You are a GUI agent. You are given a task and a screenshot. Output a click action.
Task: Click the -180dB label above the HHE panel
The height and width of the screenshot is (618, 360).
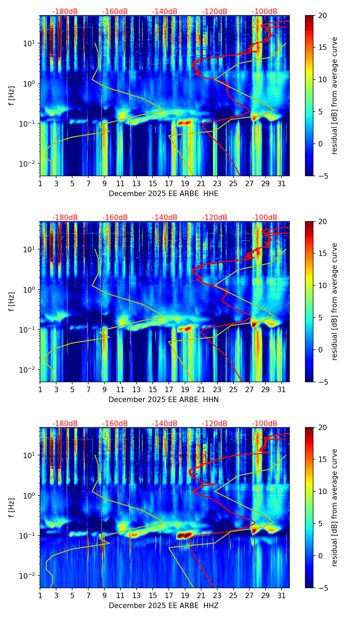[65, 12]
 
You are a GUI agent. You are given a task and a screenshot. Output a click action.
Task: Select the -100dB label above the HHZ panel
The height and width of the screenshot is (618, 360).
[265, 424]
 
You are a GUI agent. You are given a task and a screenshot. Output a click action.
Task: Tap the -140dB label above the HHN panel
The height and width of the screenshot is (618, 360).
[165, 218]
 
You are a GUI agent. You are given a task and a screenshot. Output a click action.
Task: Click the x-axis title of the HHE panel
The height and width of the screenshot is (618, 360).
[164, 194]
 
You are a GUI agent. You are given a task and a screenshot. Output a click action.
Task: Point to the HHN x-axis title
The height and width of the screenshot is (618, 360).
[164, 400]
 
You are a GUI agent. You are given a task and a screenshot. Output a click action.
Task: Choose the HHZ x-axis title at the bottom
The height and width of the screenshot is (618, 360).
[164, 606]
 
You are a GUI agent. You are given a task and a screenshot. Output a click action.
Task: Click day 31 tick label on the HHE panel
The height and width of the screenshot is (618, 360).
[282, 184]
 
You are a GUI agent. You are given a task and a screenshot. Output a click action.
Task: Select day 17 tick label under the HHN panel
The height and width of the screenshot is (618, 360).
[169, 390]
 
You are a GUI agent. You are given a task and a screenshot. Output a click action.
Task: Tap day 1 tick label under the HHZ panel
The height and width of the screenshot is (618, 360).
[40, 596]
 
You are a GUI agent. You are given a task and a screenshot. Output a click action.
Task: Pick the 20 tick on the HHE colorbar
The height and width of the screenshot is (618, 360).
[323, 16]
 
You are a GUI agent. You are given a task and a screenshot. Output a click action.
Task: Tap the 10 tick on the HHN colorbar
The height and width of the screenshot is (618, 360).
[323, 285]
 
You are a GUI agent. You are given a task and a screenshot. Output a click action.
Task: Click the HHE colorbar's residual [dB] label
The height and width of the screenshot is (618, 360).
[334, 95]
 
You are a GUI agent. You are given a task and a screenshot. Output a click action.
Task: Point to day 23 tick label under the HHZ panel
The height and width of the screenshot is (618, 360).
[217, 596]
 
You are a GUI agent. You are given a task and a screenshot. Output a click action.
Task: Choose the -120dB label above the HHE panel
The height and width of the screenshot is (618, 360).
[215, 12]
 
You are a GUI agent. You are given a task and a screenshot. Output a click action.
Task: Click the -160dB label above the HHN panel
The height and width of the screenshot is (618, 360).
[115, 218]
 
